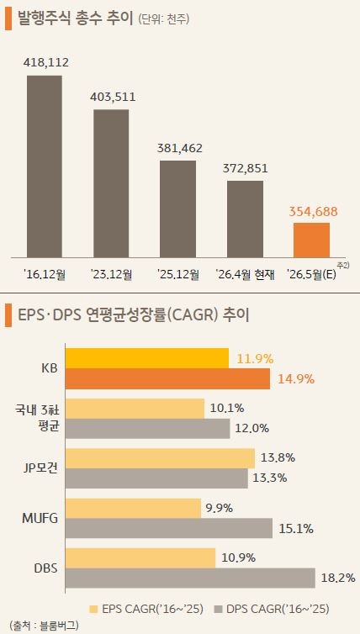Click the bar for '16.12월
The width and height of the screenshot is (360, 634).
[45, 166]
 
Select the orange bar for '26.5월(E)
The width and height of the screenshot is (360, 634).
[310, 240]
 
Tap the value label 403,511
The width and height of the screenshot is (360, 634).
[112, 96]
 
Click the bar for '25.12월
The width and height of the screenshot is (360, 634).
[177, 208]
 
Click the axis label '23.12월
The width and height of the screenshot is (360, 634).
[112, 274]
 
